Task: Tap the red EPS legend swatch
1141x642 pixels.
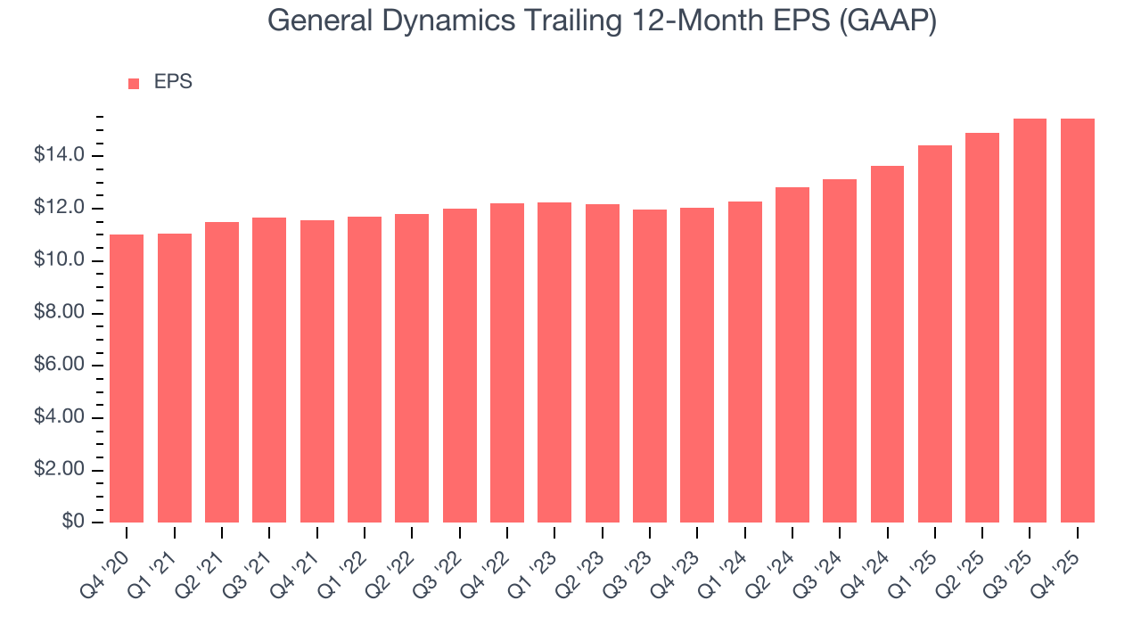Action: point(134,84)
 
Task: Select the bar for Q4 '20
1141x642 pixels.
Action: point(127,378)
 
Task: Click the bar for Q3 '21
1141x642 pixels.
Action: point(269,370)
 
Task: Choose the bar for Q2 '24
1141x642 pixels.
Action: point(792,355)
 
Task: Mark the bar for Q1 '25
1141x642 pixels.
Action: point(935,333)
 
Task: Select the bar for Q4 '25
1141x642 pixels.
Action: point(1078,320)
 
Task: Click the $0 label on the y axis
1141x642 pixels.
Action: point(74,523)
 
